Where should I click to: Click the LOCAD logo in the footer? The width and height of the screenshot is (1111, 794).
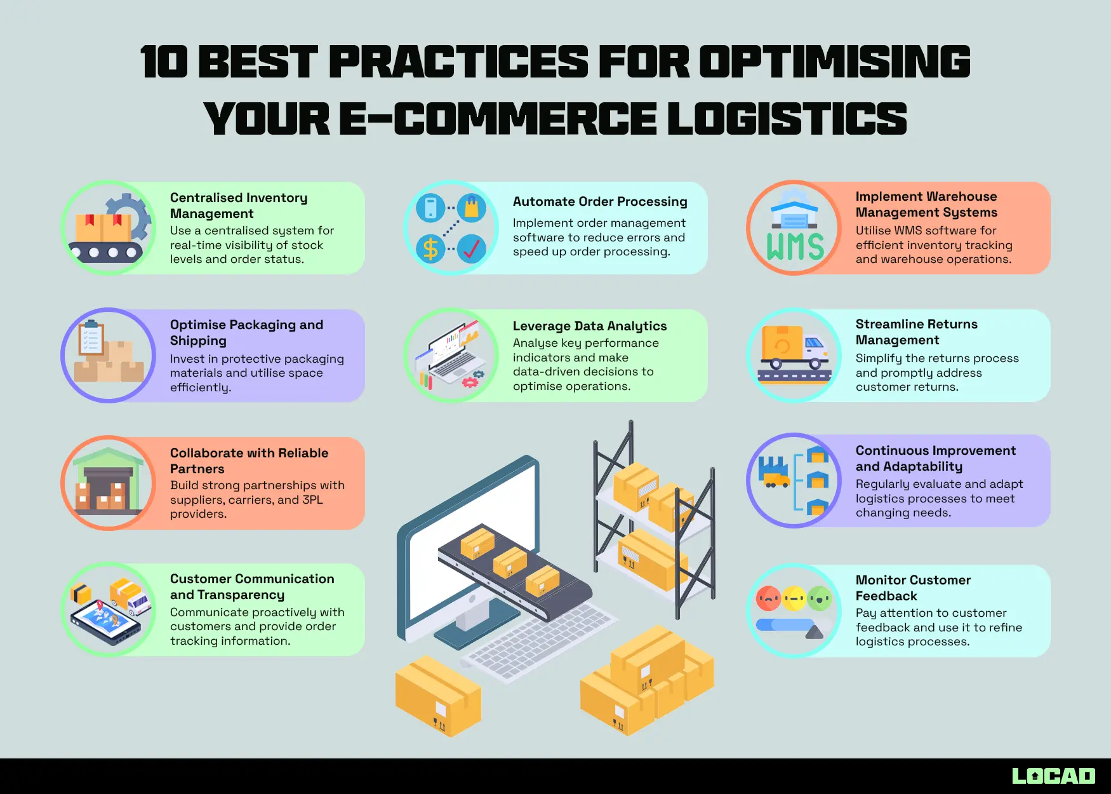(1053, 776)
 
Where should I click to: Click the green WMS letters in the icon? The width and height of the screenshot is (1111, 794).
(795, 246)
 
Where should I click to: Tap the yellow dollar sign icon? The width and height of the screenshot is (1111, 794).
(430, 249)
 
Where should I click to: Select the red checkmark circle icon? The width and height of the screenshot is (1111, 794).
(471, 249)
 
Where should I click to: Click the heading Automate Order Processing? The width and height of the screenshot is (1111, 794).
(600, 201)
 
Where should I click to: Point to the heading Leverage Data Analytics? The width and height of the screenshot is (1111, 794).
(590, 326)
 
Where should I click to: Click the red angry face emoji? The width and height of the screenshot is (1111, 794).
(769, 598)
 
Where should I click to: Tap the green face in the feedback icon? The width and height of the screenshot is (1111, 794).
(820, 598)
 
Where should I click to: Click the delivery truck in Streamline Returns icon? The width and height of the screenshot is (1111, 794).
(794, 348)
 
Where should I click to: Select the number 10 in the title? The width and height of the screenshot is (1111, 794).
(164, 62)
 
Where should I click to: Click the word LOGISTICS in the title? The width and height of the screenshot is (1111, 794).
(787, 119)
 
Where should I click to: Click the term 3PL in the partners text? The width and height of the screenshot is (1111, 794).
(312, 500)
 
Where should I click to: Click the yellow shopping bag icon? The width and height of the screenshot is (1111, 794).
(471, 208)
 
